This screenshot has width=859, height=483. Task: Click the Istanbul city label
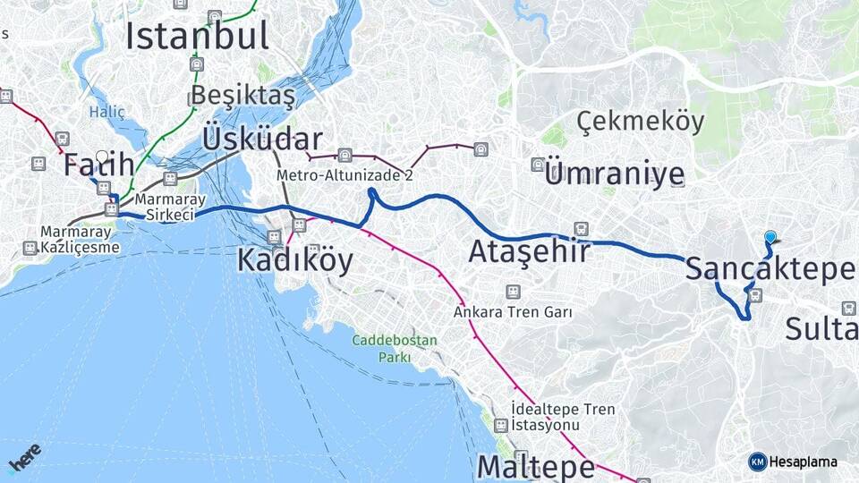[197, 36]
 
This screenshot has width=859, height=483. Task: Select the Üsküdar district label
[262, 140]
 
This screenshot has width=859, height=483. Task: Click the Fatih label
[98, 165]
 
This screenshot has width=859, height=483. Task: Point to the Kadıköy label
[294, 260]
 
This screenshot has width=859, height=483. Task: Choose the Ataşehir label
[530, 252]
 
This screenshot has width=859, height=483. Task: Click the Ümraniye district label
[614, 174]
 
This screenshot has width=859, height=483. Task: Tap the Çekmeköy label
[640, 122]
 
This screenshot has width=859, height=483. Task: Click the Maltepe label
[535, 467]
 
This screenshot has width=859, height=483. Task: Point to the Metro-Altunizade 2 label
[344, 176]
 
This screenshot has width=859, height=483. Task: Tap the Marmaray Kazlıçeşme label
[80, 239]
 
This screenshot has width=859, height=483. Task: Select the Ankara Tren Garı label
[513, 312]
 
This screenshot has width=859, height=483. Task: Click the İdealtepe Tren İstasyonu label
[563, 417]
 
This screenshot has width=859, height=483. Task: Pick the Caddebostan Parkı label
[395, 349]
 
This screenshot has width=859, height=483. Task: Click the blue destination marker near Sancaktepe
[770, 237]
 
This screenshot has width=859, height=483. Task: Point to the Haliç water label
[101, 112]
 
